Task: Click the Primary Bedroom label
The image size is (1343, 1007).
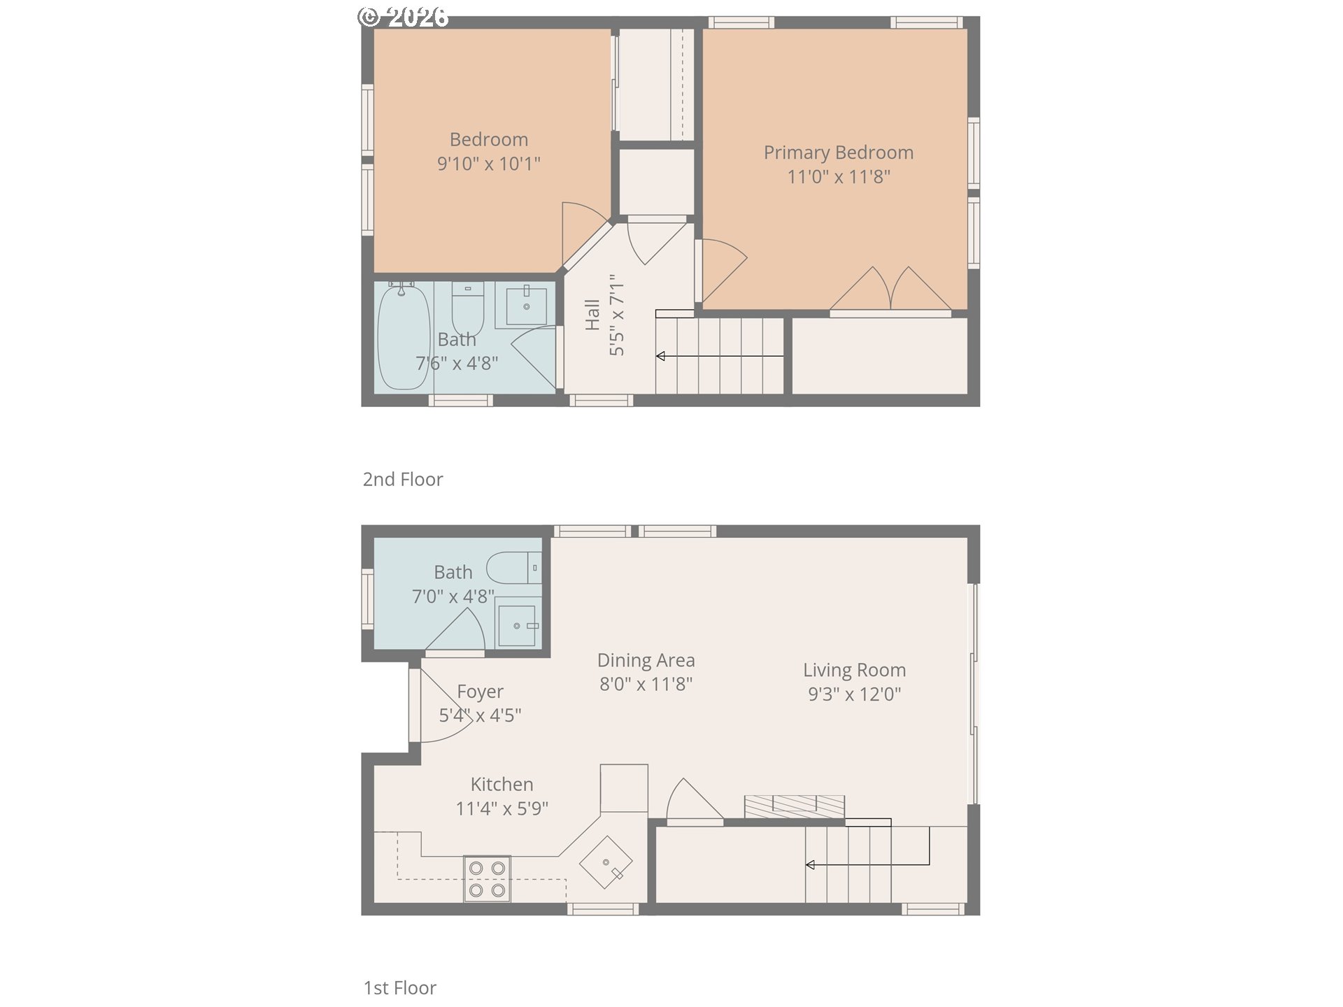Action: [838, 152]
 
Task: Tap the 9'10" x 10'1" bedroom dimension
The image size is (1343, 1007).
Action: [488, 164]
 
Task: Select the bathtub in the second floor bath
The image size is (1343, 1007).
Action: [403, 337]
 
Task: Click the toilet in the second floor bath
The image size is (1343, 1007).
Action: [467, 308]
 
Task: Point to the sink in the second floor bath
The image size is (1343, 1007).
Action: [526, 306]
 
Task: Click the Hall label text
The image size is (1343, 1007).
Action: [592, 315]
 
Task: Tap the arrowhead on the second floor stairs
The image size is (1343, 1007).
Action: [660, 357]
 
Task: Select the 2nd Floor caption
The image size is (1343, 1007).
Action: [403, 479]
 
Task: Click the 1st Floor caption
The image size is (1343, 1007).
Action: [400, 987]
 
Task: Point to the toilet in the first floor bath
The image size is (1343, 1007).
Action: [514, 568]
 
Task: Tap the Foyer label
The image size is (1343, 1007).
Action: [480, 692]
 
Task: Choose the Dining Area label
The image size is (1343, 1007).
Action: [646, 660]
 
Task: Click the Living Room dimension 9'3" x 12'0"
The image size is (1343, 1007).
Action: [854, 694]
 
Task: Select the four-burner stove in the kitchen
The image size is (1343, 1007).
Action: [487, 879]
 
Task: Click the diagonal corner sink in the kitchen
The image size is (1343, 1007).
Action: [606, 862]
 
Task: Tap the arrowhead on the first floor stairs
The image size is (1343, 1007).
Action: [810, 865]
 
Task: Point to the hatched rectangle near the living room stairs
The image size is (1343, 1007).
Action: [794, 806]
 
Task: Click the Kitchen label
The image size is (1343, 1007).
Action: [502, 784]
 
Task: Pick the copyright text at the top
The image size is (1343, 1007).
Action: [404, 16]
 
